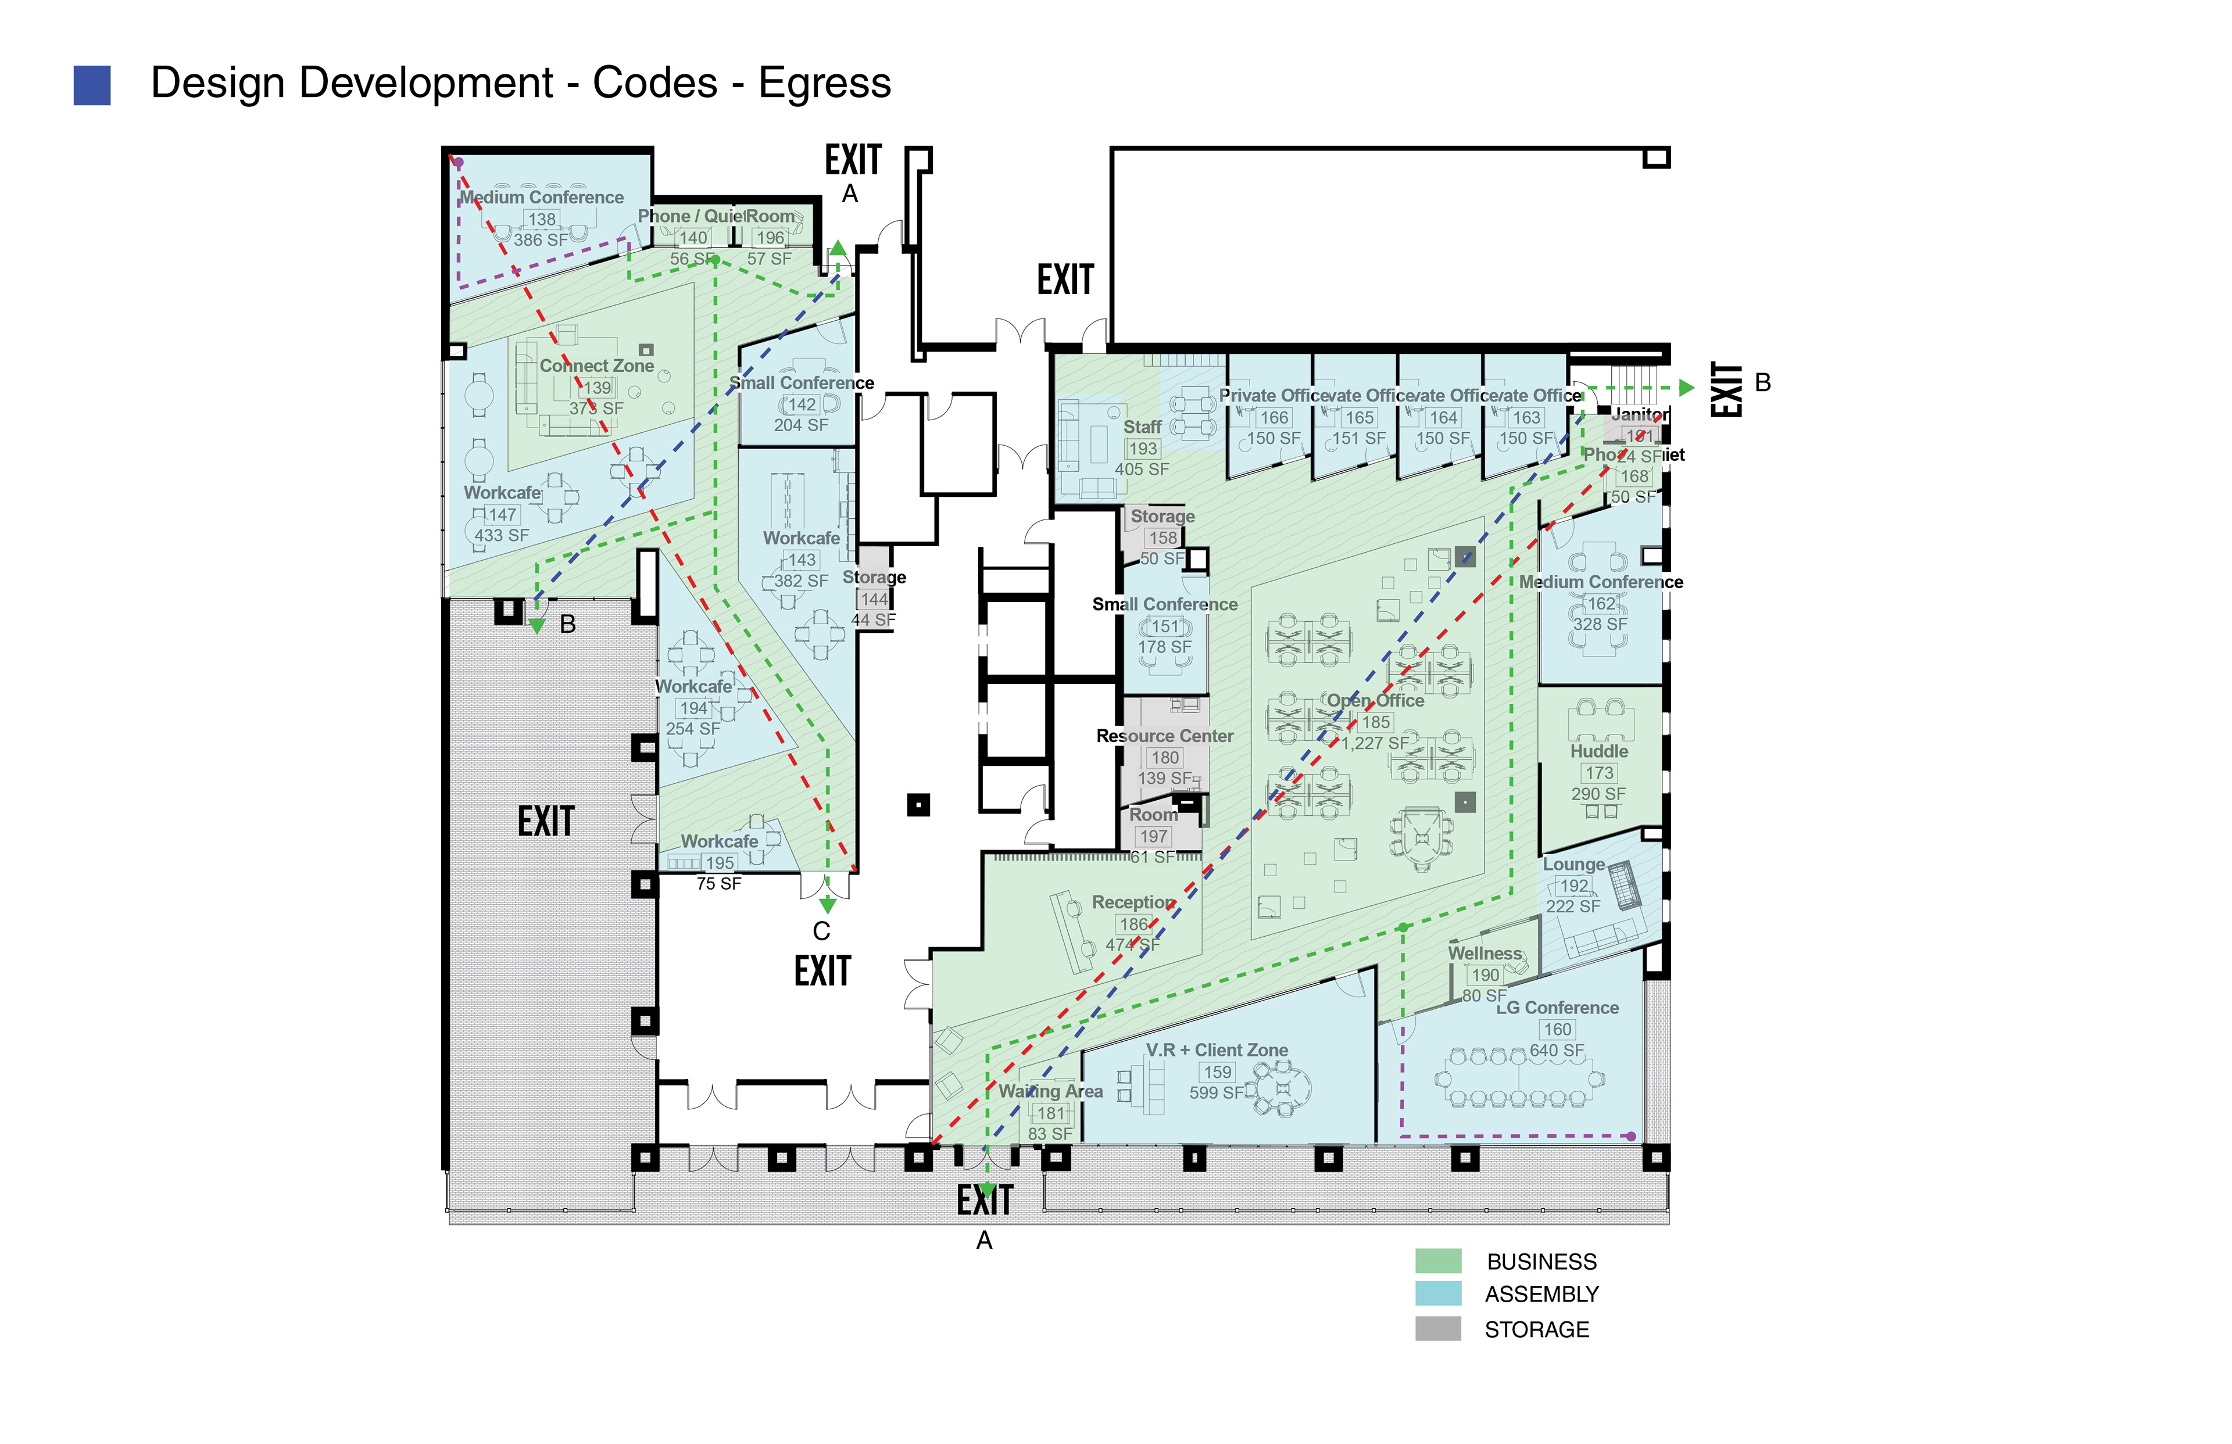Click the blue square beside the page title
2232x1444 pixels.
click(x=92, y=85)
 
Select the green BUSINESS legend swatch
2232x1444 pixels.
click(x=1437, y=1260)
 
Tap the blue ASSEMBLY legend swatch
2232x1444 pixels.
click(x=1437, y=1293)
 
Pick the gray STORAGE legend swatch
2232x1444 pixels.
click(x=1437, y=1328)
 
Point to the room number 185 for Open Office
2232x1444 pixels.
click(x=1376, y=722)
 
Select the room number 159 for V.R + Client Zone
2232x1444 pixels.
click(x=1217, y=1072)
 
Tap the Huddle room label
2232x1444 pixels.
click(x=1599, y=752)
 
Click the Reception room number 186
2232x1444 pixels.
click(x=1134, y=923)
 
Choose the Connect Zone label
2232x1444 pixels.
click(x=596, y=366)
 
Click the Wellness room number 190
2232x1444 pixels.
click(x=1486, y=975)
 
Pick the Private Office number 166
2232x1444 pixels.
click(x=1274, y=417)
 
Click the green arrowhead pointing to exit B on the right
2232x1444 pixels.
click(x=1687, y=387)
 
